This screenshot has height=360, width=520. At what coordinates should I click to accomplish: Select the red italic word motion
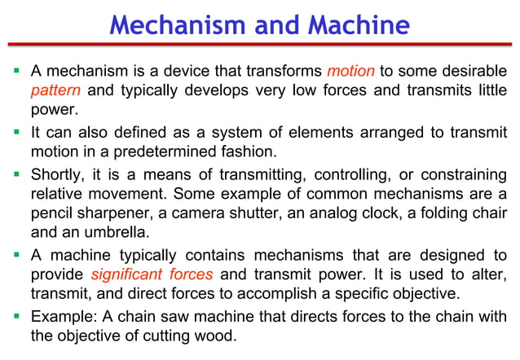350,71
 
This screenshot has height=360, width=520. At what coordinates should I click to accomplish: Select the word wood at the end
219,336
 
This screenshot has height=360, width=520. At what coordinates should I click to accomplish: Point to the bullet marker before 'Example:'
16,315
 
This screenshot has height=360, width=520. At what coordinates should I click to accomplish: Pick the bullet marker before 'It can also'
16,132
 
